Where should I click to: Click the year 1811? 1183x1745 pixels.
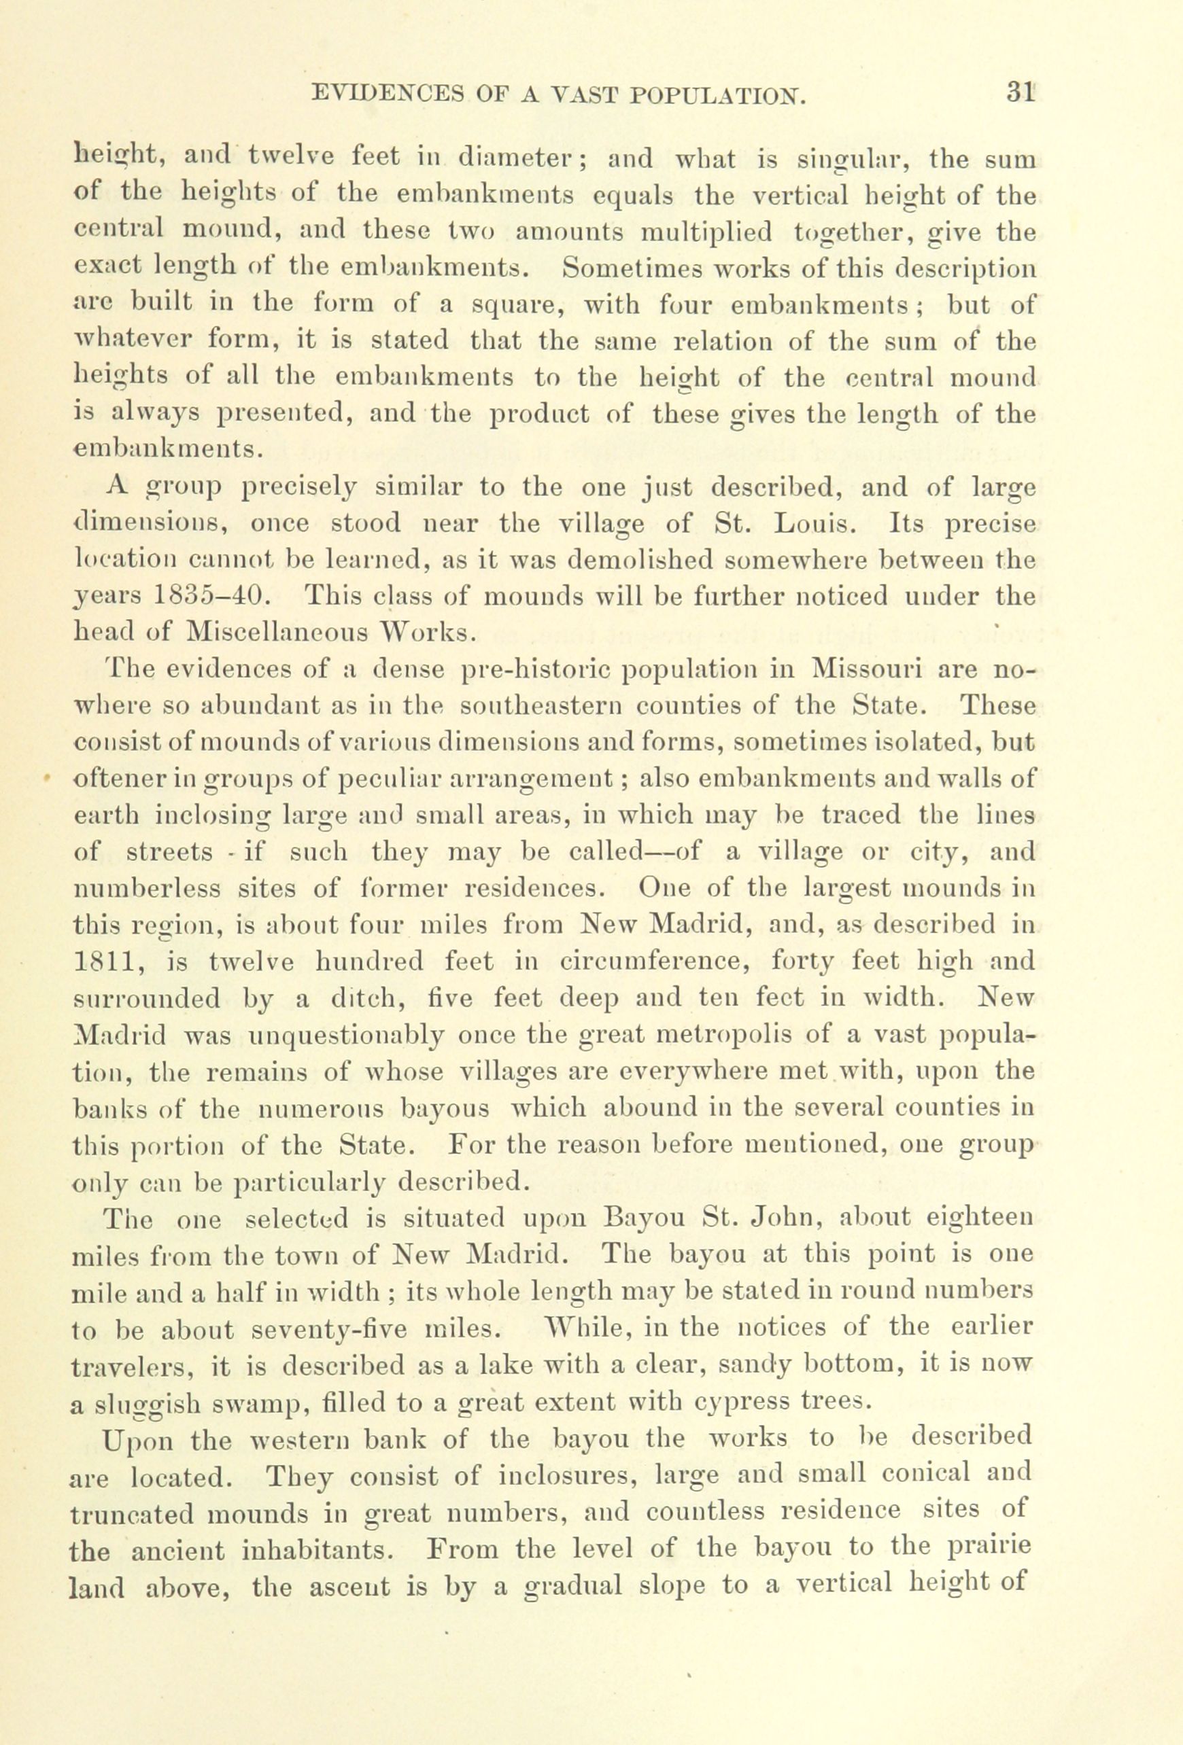pos(100,960)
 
